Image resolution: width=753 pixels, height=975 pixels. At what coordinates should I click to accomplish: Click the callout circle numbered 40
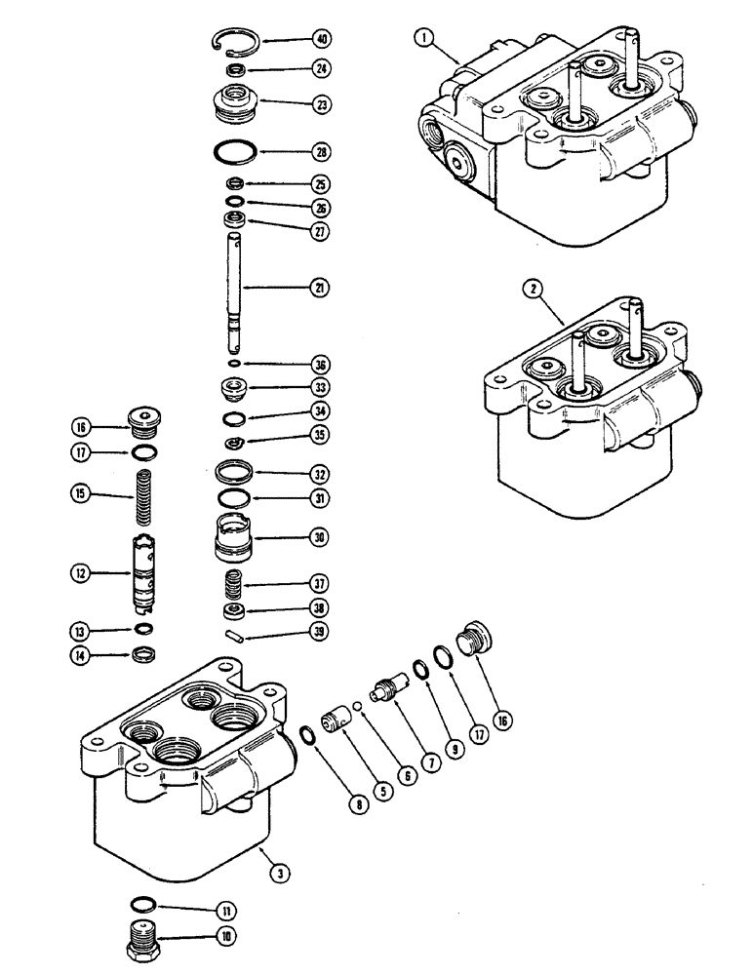pos(319,40)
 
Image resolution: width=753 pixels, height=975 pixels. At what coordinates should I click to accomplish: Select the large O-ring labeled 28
pos(234,152)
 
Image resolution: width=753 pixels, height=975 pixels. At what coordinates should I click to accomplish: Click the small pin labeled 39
pos(234,633)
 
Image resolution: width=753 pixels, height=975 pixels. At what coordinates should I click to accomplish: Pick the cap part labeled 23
pos(234,100)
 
